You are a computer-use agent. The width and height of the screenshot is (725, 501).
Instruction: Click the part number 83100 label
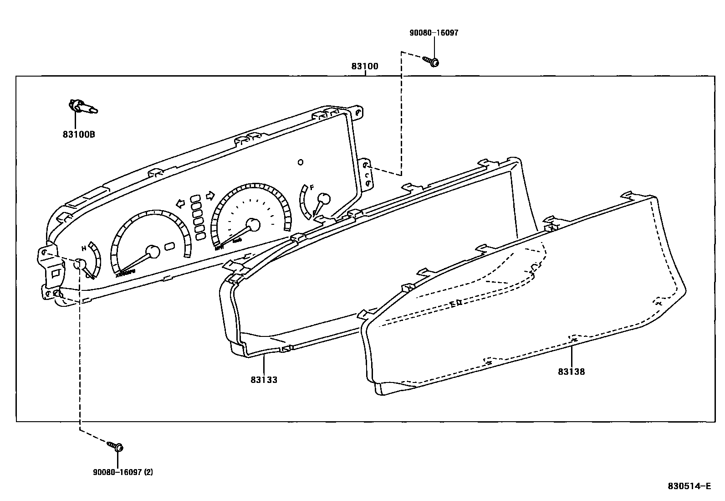[x=364, y=67]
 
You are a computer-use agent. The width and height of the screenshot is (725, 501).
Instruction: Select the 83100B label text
[x=79, y=134]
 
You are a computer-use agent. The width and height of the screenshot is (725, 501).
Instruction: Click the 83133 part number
[x=263, y=379]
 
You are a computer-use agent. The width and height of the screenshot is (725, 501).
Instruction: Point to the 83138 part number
[x=571, y=372]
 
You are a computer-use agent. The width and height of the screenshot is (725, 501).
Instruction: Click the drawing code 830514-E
[x=689, y=486]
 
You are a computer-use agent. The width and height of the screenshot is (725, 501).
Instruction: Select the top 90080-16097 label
[x=434, y=33]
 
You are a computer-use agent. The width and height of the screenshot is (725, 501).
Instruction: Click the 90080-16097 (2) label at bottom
[x=123, y=472]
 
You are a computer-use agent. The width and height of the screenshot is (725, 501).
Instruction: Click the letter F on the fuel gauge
[x=312, y=187]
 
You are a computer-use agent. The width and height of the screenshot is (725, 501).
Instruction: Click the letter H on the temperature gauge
[x=84, y=248]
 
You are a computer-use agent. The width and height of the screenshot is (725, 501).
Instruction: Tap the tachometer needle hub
[x=153, y=252]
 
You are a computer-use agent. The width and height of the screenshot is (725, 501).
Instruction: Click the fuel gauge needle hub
[x=323, y=199]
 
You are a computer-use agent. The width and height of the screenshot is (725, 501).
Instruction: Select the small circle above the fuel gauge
[x=300, y=162]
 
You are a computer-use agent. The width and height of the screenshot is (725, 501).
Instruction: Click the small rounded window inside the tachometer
[x=169, y=246]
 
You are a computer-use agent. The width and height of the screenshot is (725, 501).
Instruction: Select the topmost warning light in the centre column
[x=195, y=199]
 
